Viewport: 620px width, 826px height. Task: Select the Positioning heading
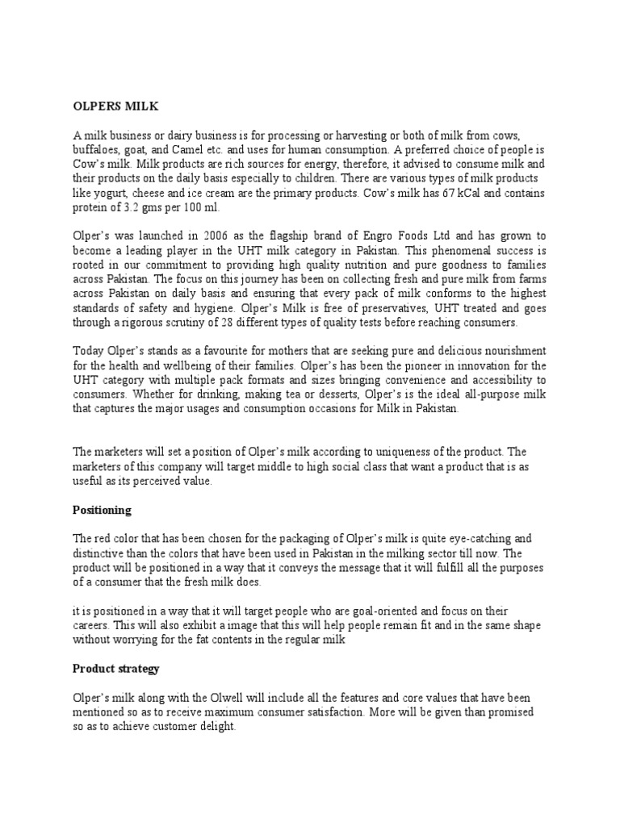coord(102,511)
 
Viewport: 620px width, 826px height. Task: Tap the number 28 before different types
coord(253,323)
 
